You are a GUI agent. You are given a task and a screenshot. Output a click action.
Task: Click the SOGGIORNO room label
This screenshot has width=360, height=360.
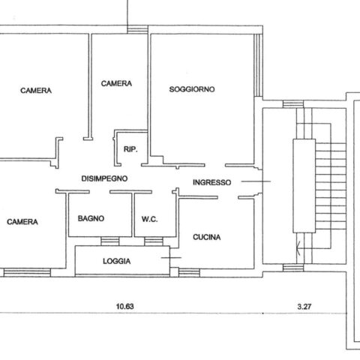coord(192,89)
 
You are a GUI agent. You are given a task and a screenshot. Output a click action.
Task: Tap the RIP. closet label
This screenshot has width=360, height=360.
coord(130,149)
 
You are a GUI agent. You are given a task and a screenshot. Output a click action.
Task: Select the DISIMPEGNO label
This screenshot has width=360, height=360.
coord(104,178)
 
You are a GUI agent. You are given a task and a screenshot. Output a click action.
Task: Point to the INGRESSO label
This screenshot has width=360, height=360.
coord(211,182)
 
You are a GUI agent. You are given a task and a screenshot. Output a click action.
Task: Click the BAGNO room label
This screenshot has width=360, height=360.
coord(91,218)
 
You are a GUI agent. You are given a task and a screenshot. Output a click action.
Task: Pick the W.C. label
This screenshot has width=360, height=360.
coord(149,219)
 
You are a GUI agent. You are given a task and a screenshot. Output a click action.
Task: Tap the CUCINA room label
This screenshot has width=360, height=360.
coord(207,237)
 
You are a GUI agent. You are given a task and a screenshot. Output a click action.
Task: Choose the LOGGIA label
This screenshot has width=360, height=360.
coord(116,261)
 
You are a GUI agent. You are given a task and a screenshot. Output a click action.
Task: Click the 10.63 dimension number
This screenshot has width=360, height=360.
coord(125,306)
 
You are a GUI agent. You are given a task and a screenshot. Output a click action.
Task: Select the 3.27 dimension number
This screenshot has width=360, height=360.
coord(304,307)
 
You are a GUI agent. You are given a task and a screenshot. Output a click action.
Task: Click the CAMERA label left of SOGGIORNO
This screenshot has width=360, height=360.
coord(116,83)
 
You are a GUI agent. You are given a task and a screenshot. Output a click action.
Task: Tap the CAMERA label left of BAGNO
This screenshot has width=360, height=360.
coord(22,222)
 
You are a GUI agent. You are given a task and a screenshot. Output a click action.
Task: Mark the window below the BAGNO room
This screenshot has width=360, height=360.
coord(110,241)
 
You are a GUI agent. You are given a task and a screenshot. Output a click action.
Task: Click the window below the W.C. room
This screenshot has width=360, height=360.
coord(154,241)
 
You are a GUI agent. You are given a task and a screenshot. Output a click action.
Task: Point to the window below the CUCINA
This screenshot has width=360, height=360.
coord(189,272)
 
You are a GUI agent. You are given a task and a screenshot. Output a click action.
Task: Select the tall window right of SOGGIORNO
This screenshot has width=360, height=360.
coord(258,65)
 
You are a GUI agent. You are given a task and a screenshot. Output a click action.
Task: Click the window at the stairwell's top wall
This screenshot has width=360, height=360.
coord(293,104)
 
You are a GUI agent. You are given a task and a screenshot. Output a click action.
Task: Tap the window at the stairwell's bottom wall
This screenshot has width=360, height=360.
coord(293,268)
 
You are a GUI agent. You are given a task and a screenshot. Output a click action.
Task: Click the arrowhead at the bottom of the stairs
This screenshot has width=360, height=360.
coord(297,248)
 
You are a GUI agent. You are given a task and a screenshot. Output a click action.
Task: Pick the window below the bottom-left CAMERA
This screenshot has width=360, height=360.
coord(27,272)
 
